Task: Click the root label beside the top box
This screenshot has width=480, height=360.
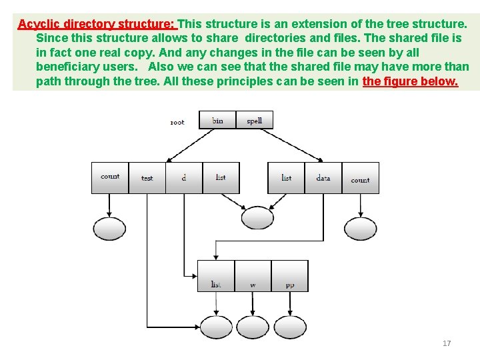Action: point(177,122)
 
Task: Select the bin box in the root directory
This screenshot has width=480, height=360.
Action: point(217,120)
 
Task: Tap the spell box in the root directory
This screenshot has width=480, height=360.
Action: point(254,120)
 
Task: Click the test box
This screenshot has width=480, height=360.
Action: point(147,178)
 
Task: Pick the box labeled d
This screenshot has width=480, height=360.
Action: point(184,178)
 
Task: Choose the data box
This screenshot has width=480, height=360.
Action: point(323,178)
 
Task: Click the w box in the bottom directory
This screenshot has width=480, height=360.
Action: point(253,276)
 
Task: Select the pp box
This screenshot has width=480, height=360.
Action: point(290,276)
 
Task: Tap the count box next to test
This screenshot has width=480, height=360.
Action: point(110,178)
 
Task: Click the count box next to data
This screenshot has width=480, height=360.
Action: point(360,178)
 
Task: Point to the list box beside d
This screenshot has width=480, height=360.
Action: point(221,178)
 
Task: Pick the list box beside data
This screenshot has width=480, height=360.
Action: point(286,178)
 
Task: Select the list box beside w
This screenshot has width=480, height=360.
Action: point(216,276)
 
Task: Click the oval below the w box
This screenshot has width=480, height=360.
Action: point(253,327)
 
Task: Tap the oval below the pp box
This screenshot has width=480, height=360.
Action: point(290,327)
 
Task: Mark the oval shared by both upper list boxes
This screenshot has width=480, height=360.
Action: point(257,218)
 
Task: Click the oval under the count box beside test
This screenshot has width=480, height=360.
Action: point(109,229)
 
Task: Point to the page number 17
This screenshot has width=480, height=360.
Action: point(447,343)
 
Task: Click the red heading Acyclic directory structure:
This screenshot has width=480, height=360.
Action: point(96,24)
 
